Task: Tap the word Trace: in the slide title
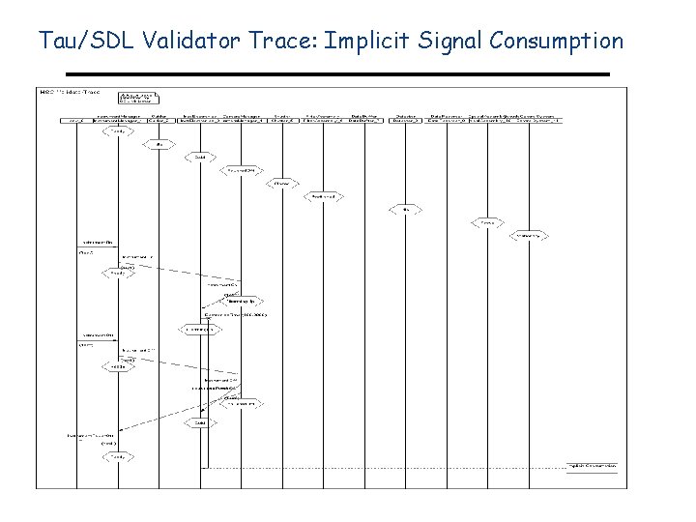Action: (x=287, y=41)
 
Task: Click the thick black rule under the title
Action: (x=337, y=74)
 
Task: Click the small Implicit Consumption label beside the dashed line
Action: (x=591, y=465)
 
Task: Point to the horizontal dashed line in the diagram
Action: (x=387, y=469)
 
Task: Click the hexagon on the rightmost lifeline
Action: (x=528, y=235)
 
